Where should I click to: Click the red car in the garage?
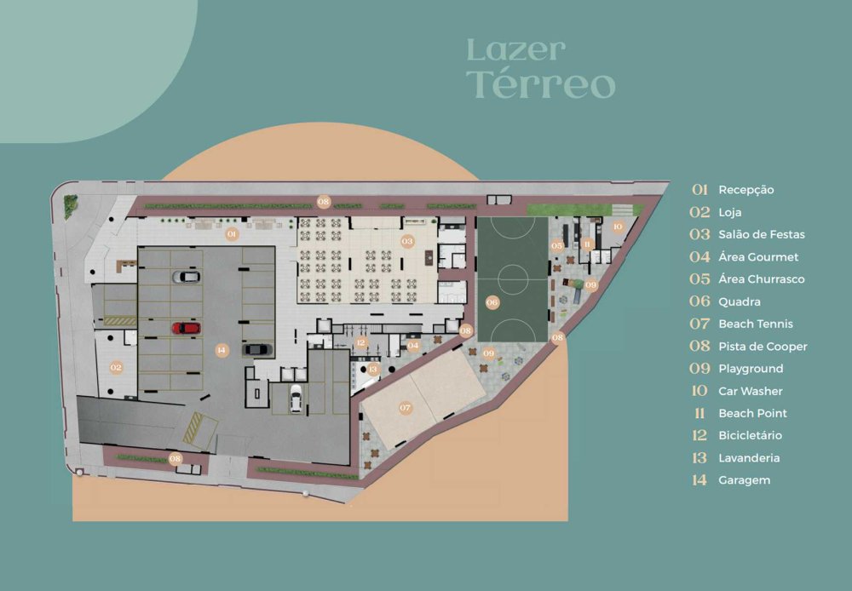click(x=187, y=328)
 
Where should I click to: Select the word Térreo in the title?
click(x=541, y=84)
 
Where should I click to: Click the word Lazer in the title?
click(x=515, y=50)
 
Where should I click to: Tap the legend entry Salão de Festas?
click(x=761, y=235)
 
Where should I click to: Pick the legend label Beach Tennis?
click(x=755, y=324)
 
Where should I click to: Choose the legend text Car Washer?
click(x=751, y=391)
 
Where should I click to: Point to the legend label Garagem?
click(x=744, y=481)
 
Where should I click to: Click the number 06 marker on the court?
click(x=492, y=302)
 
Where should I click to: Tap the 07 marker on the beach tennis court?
click(x=406, y=407)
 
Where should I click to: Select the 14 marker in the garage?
click(x=221, y=350)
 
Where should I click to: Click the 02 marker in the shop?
click(x=116, y=367)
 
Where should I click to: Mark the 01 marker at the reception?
click(x=232, y=234)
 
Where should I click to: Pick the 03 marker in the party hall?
click(x=407, y=241)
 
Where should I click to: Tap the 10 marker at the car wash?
click(x=618, y=227)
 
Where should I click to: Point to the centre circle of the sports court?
click(x=512, y=279)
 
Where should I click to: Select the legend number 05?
click(x=699, y=279)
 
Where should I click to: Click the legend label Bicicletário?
click(x=750, y=436)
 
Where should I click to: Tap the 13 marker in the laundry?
click(x=373, y=370)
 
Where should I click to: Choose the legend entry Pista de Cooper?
click(x=763, y=347)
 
